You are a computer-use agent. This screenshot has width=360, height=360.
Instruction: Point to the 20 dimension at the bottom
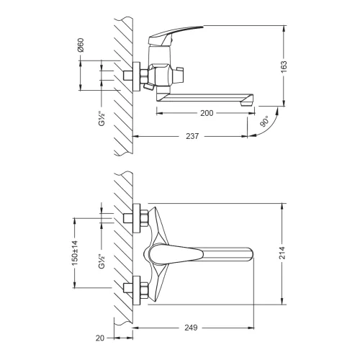pyautogui.click(x=100, y=337)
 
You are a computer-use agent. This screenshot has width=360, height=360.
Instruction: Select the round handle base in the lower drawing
pyautogui.click(x=153, y=253)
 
